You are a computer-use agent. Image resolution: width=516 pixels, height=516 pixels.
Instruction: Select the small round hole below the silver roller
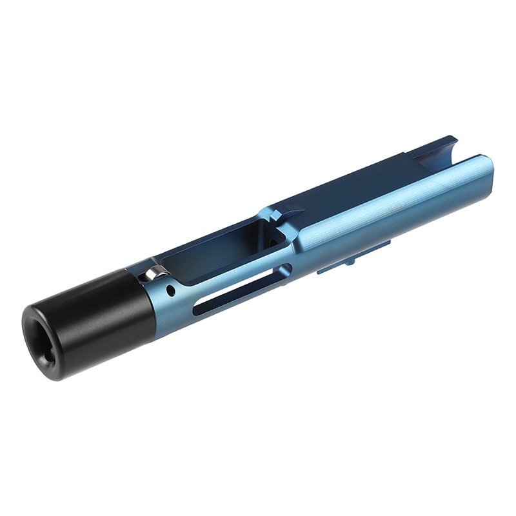click(170, 291)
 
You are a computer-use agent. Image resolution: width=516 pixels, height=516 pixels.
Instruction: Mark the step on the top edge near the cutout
click(407, 155)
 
